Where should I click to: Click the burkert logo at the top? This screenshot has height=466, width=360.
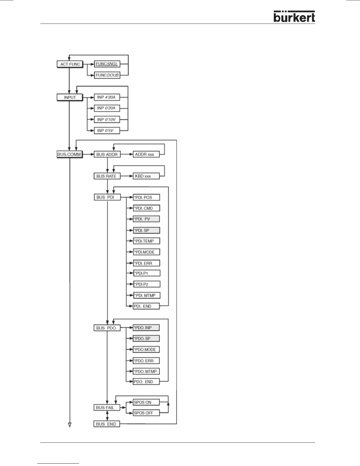294,17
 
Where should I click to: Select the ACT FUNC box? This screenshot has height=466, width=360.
70,64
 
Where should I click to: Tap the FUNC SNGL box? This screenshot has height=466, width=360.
107,64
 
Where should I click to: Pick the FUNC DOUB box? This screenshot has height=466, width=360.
107,75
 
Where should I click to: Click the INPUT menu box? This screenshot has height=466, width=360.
70,97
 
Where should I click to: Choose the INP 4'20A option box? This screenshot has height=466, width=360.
107,97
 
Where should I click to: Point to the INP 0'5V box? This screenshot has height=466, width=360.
107,130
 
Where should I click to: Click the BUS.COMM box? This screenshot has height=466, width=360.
69,154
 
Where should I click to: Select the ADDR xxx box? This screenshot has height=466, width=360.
146,154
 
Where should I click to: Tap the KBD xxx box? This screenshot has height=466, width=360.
146,176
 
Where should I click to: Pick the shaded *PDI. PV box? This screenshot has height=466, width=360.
146,219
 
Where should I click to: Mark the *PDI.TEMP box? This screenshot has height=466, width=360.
146,241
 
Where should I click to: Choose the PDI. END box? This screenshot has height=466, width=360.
146,306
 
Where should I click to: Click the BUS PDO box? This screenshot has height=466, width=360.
107,328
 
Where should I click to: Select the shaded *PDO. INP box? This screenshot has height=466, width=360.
146,327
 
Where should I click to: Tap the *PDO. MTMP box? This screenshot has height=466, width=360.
146,371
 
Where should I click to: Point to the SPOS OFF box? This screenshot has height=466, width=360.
146,413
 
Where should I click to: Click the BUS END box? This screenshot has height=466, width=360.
106,424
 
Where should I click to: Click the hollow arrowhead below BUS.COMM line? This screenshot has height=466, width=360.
70,425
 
